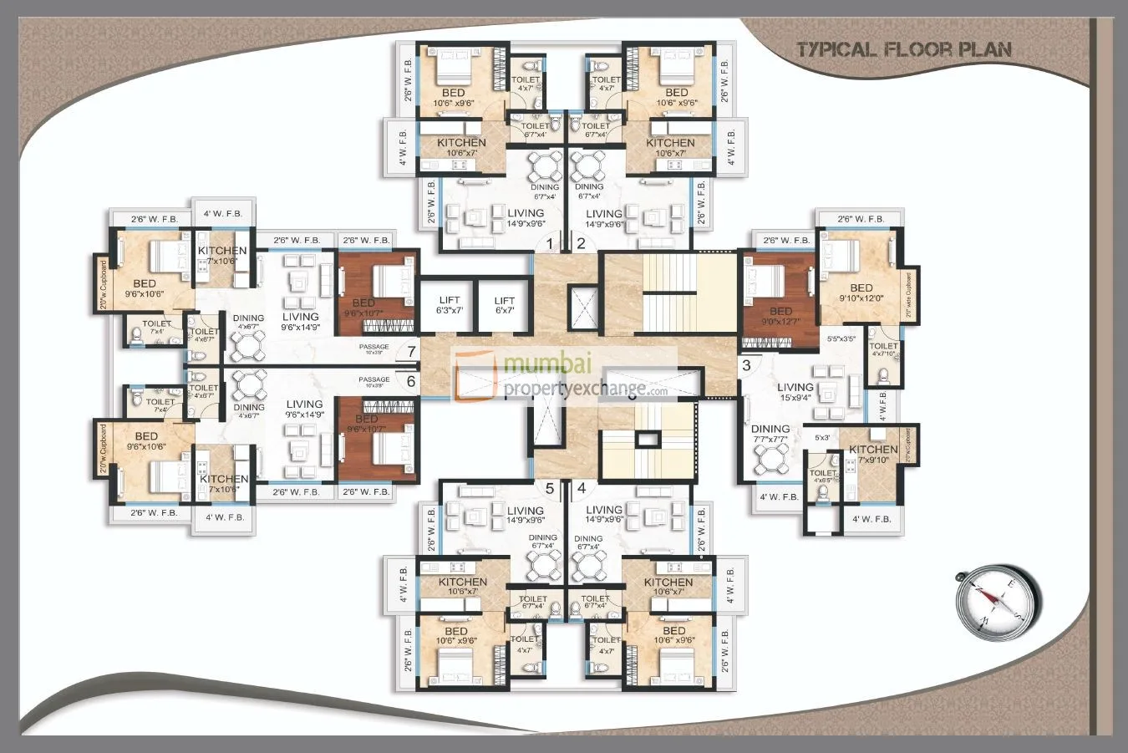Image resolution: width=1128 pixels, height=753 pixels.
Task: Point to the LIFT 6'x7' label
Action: [x=504, y=305]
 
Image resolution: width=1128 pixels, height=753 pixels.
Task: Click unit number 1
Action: [x=549, y=244]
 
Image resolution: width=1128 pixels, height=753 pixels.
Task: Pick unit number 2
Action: [x=581, y=244]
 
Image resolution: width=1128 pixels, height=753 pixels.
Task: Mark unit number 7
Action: [x=410, y=350]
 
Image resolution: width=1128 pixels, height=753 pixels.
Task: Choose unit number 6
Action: [x=410, y=381]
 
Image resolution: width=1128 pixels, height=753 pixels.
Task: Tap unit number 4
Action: [x=581, y=488]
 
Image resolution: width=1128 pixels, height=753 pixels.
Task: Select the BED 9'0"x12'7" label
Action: [x=780, y=316]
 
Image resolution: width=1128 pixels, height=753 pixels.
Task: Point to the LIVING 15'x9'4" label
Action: [x=795, y=393]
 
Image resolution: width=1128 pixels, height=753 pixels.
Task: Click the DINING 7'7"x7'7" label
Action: [x=770, y=435]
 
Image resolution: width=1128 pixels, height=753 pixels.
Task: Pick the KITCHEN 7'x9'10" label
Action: [x=873, y=455]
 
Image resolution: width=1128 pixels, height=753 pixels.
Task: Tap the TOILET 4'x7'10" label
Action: [x=883, y=349]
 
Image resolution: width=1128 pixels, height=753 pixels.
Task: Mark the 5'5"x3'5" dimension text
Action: [x=839, y=339]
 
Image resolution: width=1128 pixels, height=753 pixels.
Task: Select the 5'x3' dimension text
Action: [x=822, y=437]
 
